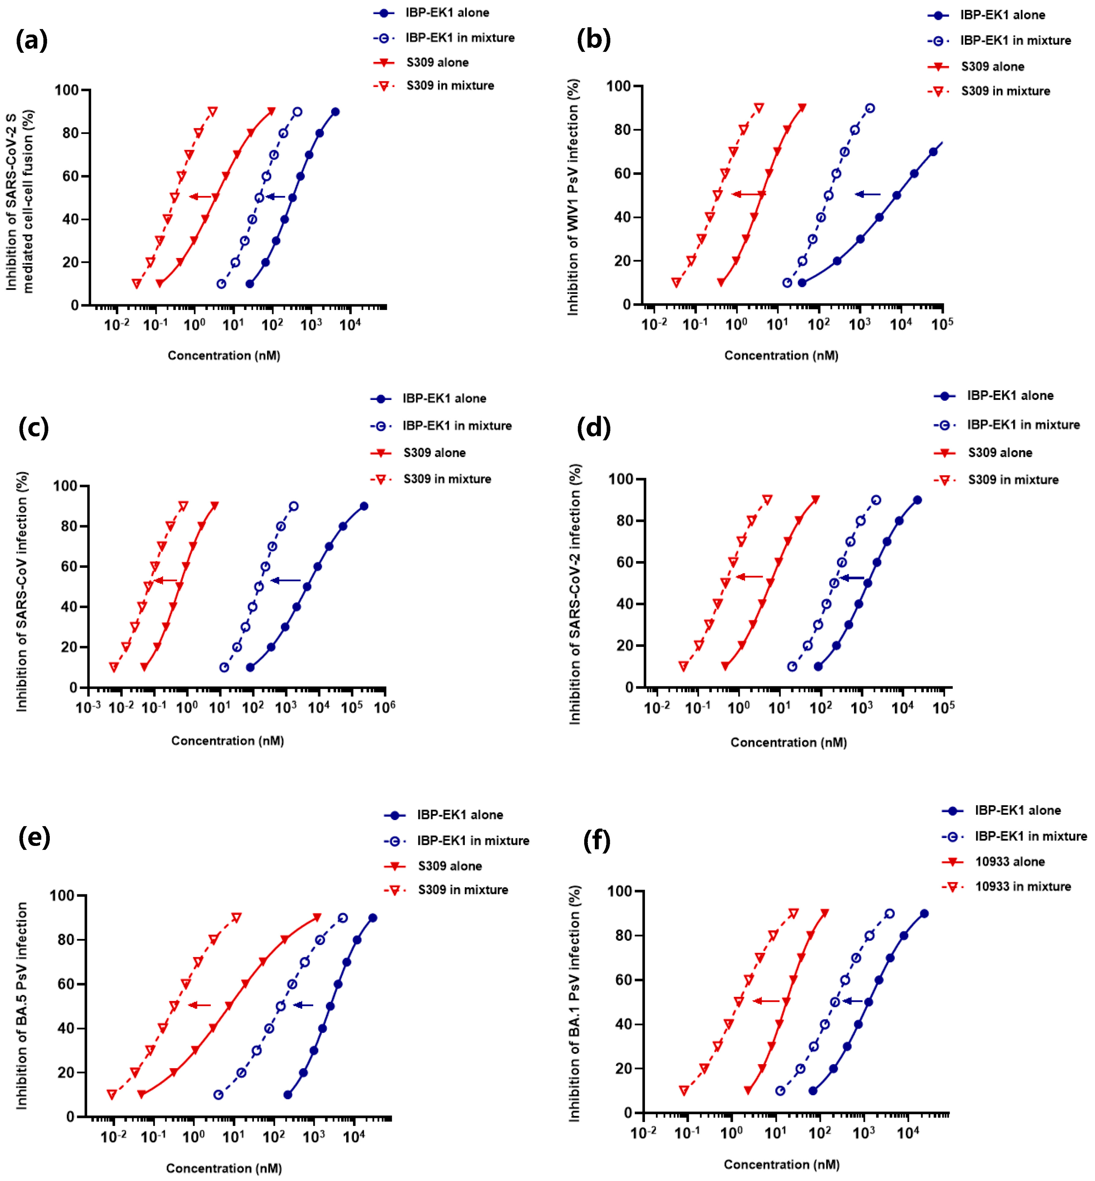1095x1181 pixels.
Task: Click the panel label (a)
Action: coord(32,40)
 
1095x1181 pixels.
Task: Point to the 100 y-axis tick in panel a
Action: coord(66,90)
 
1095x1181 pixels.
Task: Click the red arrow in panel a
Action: coord(201,197)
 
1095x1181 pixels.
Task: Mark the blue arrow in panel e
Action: coord(303,1005)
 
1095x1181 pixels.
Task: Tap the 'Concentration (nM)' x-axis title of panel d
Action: coord(788,742)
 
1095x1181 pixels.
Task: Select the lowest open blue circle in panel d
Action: coord(792,667)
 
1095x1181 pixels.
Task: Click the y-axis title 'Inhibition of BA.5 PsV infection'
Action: coord(22,1005)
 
